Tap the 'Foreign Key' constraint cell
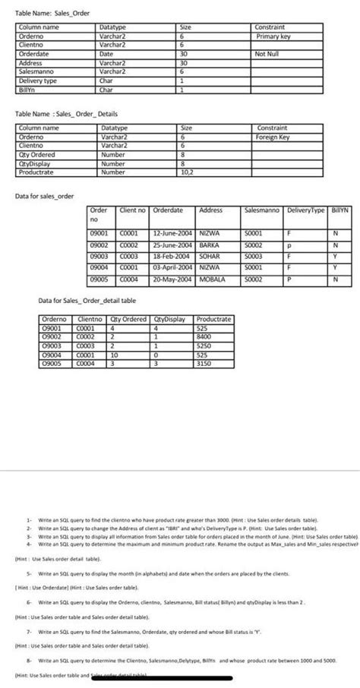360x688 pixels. point(273,137)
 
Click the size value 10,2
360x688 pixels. point(185,172)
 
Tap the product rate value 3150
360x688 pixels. point(204,365)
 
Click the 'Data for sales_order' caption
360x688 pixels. point(46,197)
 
